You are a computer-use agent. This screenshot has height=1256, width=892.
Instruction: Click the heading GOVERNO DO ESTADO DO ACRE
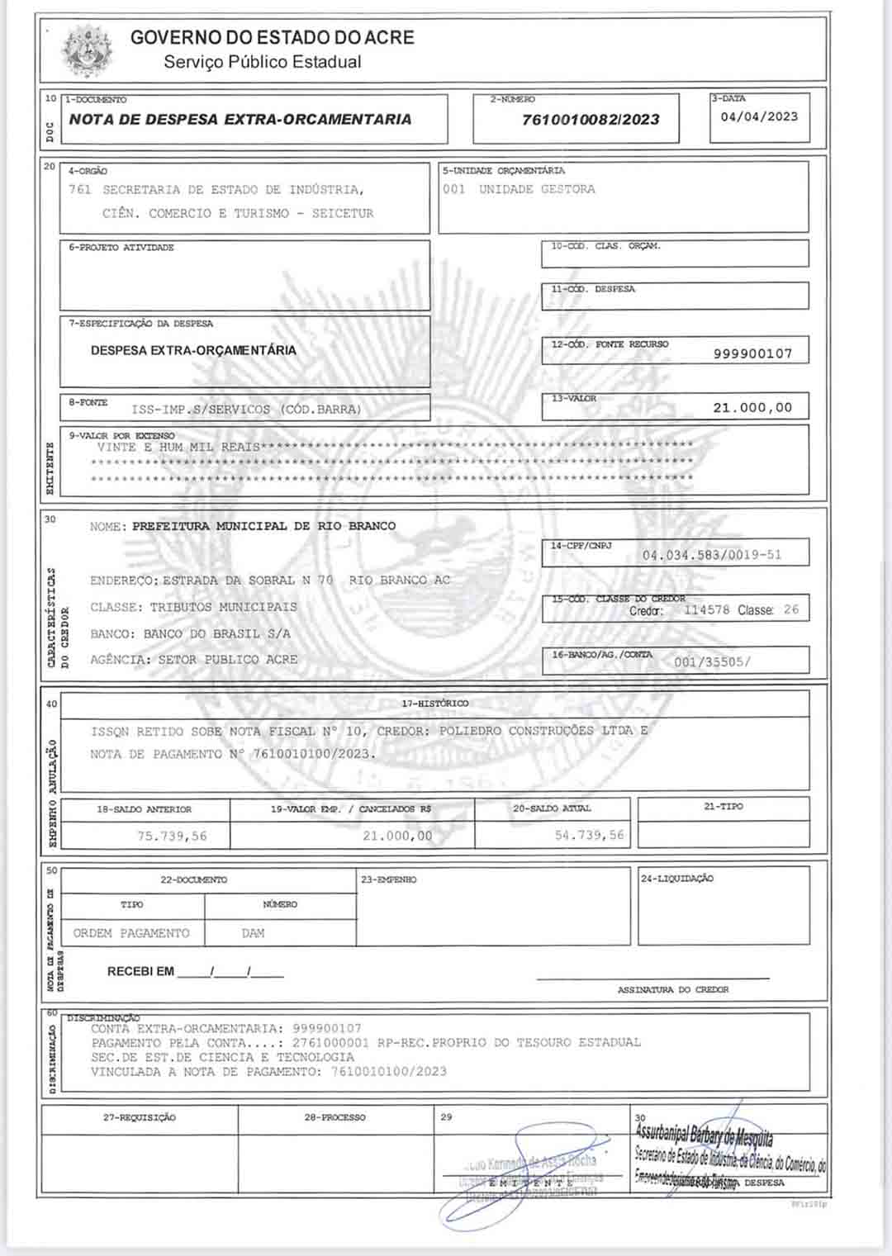272,37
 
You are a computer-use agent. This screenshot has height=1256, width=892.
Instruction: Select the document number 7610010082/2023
591,120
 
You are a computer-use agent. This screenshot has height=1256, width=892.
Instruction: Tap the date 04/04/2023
759,116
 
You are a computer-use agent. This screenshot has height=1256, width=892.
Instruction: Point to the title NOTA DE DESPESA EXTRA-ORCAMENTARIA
240,119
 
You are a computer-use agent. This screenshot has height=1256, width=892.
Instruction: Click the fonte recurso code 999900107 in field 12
752,353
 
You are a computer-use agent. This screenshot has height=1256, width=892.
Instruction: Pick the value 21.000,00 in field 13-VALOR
752,407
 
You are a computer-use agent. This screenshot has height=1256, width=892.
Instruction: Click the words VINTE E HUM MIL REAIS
178,447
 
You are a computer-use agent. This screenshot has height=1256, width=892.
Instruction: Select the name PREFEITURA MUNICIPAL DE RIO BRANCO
263,526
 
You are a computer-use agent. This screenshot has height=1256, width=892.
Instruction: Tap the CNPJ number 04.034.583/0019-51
712,555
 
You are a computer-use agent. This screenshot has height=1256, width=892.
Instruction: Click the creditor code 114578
706,610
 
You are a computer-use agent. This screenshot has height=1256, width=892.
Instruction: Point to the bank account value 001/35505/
712,661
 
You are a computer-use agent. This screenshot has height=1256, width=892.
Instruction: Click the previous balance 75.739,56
172,836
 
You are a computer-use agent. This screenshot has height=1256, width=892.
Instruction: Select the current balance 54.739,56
589,835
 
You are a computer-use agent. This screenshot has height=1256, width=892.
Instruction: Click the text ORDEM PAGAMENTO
131,933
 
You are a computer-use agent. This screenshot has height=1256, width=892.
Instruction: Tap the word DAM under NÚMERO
254,933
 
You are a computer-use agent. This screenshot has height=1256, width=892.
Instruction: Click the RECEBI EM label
140,971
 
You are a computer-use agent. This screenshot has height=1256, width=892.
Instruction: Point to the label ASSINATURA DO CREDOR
673,989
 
